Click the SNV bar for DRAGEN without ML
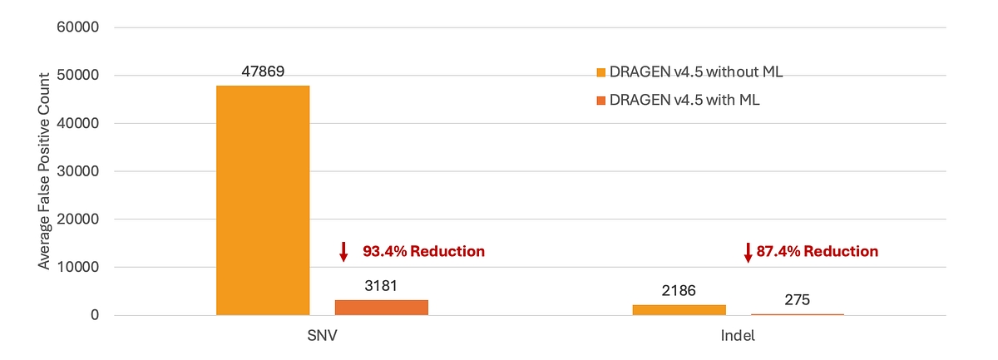(263, 200)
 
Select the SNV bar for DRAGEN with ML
(381, 307)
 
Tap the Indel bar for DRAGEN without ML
(679, 309)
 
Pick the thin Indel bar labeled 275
(797, 314)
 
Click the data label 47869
(263, 72)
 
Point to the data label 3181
(381, 286)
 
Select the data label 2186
(679, 291)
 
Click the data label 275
(797, 300)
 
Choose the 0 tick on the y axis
(96, 315)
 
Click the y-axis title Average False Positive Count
(45, 169)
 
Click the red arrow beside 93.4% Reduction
(343, 251)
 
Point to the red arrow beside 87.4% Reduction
(748, 251)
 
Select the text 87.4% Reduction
(817, 251)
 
